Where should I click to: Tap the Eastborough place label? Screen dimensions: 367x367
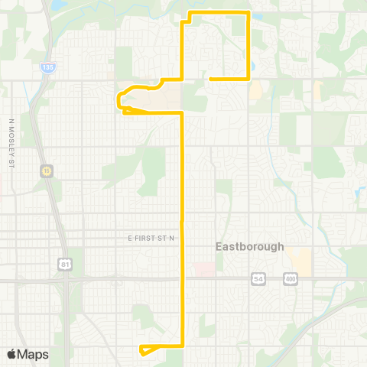249,247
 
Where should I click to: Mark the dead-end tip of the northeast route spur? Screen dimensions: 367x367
209,79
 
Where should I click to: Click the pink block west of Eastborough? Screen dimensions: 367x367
204,269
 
